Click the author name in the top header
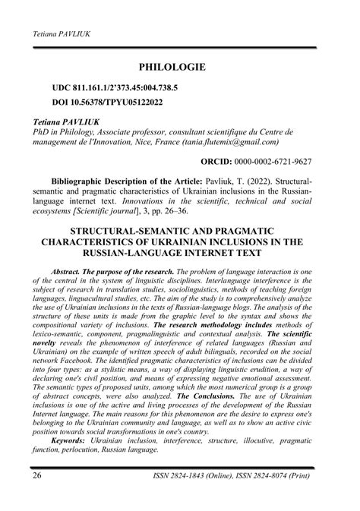(59, 35)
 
